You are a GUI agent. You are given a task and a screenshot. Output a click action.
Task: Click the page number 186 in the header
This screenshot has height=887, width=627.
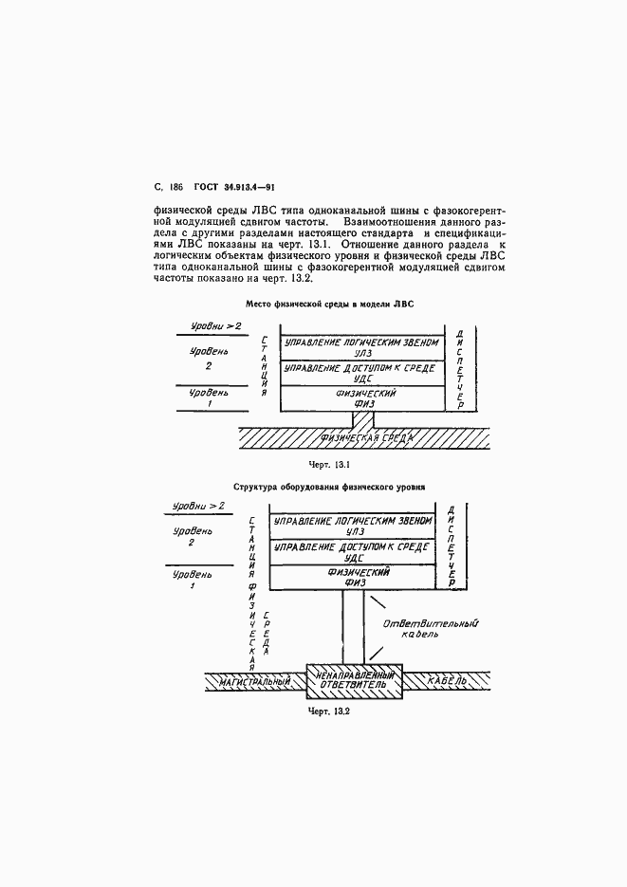176,189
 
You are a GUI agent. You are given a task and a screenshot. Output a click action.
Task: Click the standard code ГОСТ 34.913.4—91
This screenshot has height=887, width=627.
234,189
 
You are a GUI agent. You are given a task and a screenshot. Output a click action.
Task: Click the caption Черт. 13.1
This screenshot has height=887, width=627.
329,465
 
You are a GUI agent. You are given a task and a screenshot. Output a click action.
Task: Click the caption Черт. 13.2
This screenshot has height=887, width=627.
329,712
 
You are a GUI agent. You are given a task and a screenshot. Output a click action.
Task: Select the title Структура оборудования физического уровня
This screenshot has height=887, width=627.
330,487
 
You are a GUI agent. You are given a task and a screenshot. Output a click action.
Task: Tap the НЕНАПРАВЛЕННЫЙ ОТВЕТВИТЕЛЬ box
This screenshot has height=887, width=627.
353,680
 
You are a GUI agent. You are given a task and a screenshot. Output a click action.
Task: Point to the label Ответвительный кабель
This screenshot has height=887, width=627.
430,629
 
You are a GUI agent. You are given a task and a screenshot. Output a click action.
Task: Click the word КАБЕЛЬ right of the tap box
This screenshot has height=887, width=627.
446,681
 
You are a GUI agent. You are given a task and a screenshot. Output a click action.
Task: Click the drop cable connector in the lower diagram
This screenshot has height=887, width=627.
353,626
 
